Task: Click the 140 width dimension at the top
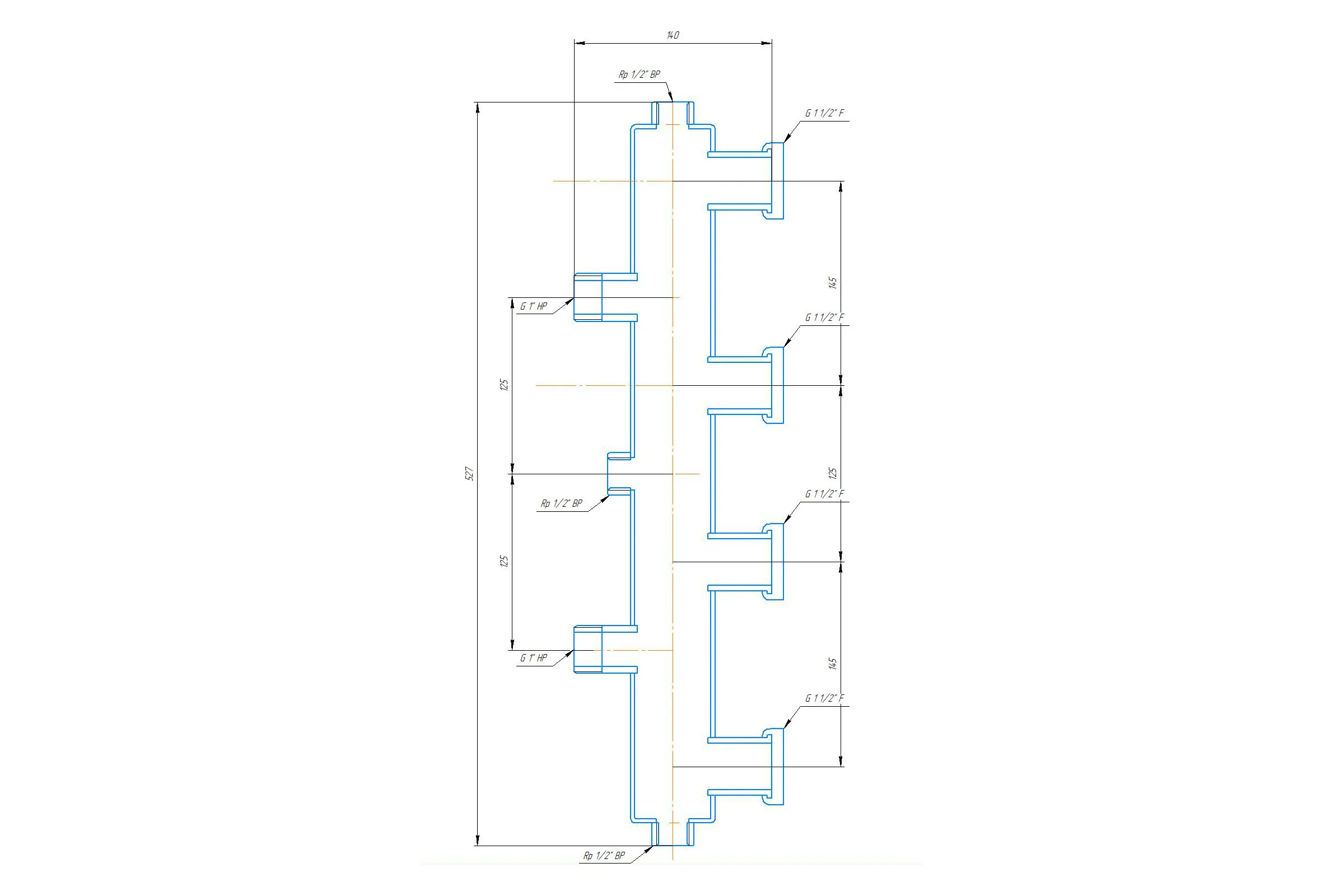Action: point(673,35)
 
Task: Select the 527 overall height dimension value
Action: point(469,473)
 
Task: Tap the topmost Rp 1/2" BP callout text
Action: point(640,74)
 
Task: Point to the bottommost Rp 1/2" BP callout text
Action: point(604,856)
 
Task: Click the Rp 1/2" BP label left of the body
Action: point(562,503)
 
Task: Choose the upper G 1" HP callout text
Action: point(533,306)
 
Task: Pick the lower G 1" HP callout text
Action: point(533,657)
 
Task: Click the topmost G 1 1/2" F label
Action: point(824,113)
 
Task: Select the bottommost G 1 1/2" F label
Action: point(824,698)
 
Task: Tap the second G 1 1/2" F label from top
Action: point(824,318)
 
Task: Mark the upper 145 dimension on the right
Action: point(833,283)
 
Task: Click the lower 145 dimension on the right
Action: point(833,664)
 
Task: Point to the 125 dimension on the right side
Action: point(833,473)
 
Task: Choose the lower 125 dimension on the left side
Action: point(504,561)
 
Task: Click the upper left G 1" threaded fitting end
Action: point(588,297)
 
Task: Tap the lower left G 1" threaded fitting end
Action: point(588,649)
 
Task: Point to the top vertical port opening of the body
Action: point(673,113)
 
